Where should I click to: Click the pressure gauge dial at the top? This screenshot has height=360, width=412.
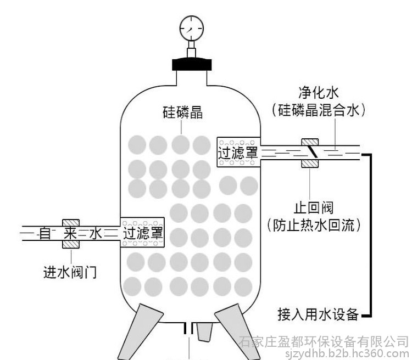tap(192, 29)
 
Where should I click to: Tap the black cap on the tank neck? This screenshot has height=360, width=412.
tap(192, 64)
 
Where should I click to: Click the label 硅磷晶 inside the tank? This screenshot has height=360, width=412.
tap(183, 113)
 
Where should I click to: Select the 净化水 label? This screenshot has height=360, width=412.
tap(318, 92)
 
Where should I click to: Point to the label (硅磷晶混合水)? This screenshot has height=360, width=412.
tap(318, 110)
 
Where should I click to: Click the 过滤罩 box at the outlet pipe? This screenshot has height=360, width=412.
tap(238, 152)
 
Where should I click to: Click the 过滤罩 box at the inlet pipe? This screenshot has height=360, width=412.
tap(142, 232)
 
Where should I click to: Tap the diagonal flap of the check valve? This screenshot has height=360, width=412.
tap(312, 152)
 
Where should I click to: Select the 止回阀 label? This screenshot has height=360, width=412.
tap(314, 207)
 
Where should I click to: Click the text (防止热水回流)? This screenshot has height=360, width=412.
tap(314, 226)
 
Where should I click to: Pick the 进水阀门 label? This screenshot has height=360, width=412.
tap(70, 272)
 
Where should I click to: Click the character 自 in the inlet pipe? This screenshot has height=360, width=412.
tap(45, 233)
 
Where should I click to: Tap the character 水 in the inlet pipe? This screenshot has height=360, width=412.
tap(96, 233)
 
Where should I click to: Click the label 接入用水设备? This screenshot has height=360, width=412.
tap(318, 314)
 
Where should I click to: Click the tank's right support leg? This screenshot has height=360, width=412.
tap(236, 331)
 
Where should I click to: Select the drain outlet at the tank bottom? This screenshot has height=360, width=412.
tap(188, 328)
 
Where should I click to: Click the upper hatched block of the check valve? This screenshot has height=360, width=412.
tap(310, 142)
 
